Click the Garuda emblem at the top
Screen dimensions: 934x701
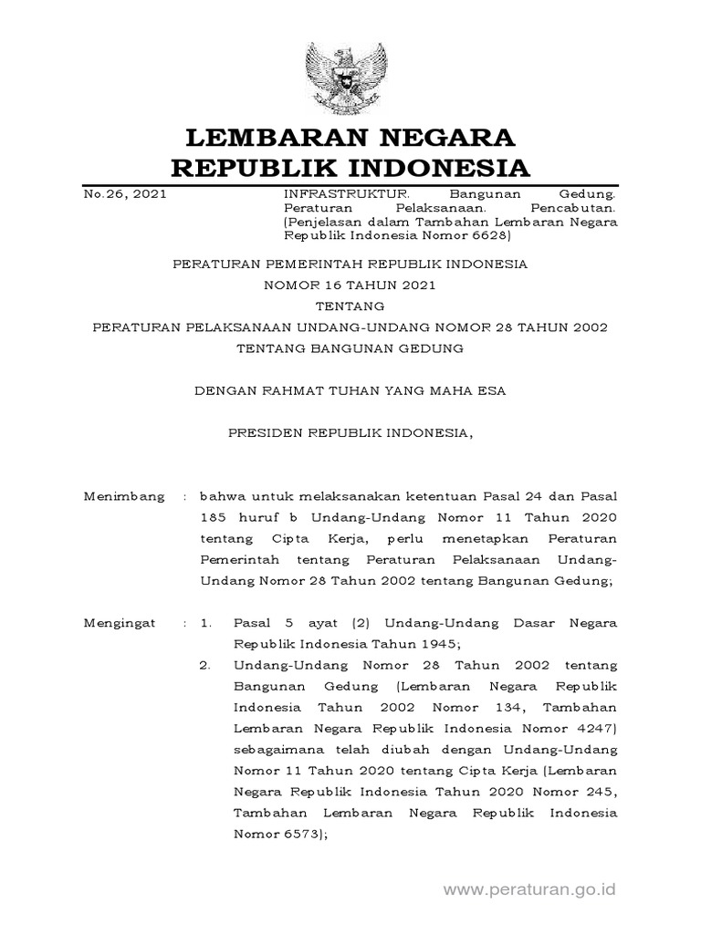click(x=350, y=69)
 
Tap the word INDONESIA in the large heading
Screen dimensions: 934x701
click(x=428, y=169)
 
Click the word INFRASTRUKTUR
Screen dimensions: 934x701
click(x=335, y=194)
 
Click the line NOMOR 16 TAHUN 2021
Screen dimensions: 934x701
click(x=350, y=285)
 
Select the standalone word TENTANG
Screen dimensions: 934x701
click(x=350, y=306)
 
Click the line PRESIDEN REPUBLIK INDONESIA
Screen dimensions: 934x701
click(x=350, y=433)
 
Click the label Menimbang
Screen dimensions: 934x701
click(x=124, y=497)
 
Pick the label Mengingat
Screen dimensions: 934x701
click(x=120, y=623)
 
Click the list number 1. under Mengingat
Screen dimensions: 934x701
click(x=206, y=623)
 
